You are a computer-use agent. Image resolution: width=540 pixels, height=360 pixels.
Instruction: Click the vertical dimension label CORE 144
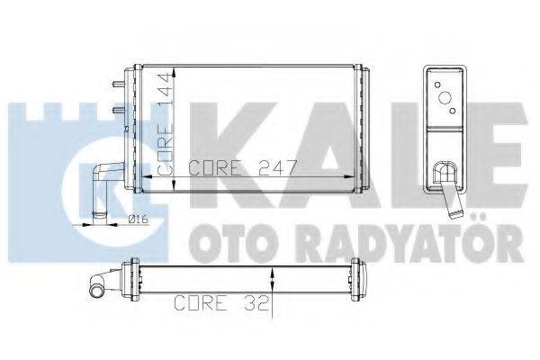166,123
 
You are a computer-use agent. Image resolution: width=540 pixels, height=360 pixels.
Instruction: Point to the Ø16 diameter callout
138,219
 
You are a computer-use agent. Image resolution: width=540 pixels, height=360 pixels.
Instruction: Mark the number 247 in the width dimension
274,167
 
